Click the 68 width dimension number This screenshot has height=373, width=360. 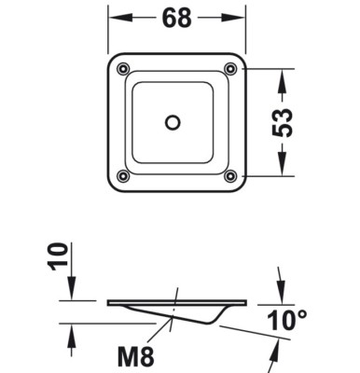(176, 18)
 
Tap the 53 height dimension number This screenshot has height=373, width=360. (283, 122)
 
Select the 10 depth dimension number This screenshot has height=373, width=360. (58, 256)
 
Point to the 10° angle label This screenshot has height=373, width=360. (287, 320)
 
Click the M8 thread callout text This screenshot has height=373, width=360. (136, 357)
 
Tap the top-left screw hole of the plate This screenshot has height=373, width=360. (123, 69)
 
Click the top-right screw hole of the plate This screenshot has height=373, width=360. (230, 68)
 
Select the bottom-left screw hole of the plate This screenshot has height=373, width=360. (123, 176)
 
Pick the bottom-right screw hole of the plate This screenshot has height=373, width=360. (230, 176)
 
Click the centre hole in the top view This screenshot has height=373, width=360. (173, 122)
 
